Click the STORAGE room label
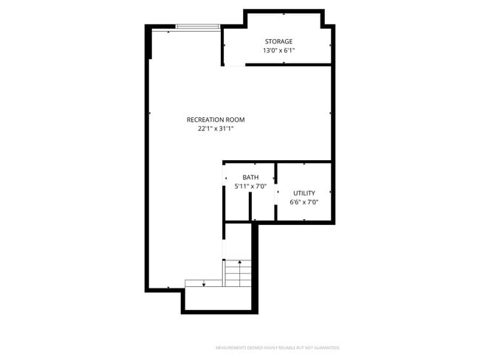coord(278,41)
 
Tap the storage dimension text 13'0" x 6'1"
coord(278,51)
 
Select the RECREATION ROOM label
coord(216,120)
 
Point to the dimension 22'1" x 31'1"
coord(216,128)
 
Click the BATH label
coord(250,177)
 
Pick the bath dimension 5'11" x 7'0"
coord(250,187)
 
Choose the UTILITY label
coord(304,193)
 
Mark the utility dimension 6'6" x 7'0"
coord(304,202)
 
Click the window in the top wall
coord(197,27)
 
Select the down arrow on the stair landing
coord(204,283)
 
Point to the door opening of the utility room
coord(276,193)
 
